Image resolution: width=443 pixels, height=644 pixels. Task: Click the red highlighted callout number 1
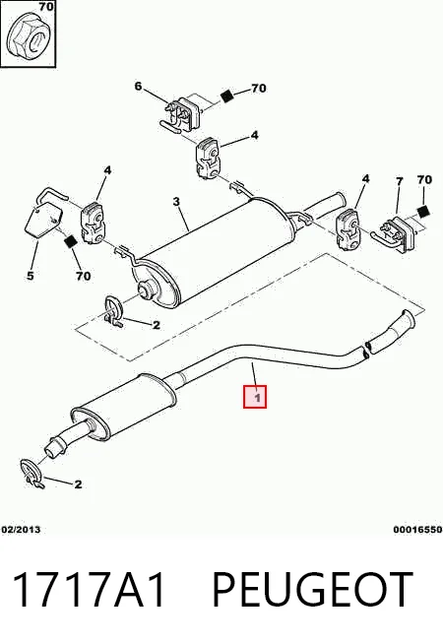(255, 397)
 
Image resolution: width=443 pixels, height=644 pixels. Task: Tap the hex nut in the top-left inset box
(28, 37)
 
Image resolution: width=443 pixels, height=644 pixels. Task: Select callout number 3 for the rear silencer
(176, 201)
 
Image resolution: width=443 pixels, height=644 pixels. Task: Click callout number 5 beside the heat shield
(31, 275)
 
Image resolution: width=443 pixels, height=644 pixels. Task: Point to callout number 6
(138, 86)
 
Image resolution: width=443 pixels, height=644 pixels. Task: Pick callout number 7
(399, 181)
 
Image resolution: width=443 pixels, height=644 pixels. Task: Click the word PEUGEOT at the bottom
(312, 590)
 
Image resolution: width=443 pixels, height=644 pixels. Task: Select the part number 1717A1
(90, 590)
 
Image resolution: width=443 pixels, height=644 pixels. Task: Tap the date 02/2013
(22, 530)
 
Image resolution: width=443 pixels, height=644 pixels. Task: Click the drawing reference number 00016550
(417, 530)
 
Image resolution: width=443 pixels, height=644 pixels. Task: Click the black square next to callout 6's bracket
(226, 96)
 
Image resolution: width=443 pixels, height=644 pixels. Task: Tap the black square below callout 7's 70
(423, 211)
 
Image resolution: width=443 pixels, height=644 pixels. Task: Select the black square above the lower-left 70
(71, 241)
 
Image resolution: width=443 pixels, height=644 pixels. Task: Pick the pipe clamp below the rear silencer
(112, 311)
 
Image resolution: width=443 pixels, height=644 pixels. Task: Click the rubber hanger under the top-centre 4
(208, 159)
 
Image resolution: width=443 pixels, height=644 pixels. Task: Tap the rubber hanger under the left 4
(94, 223)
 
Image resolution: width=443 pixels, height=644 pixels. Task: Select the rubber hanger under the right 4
(348, 230)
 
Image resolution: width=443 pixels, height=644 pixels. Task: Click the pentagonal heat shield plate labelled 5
(43, 220)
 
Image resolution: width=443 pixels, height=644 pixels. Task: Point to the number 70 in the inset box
(46, 7)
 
